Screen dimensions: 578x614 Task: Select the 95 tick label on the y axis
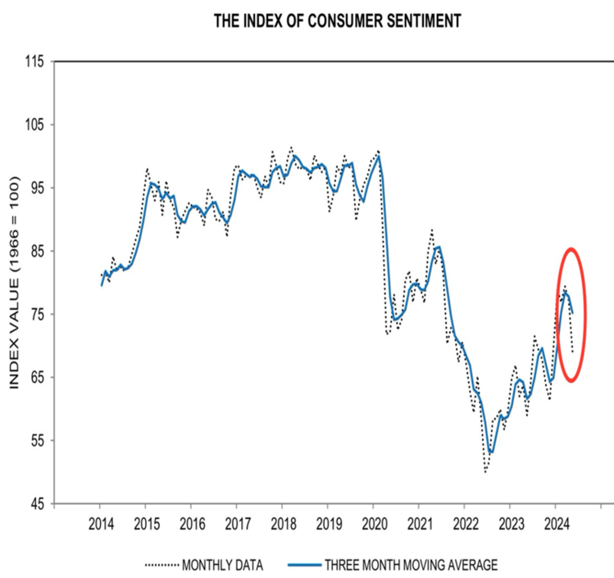pyautogui.click(x=31, y=188)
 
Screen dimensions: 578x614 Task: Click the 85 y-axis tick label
pyautogui.click(x=31, y=251)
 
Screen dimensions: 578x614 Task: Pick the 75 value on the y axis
pyautogui.click(x=31, y=314)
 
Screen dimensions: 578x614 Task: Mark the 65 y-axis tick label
pyautogui.click(x=31, y=377)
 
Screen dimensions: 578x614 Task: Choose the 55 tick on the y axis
pyautogui.click(x=31, y=440)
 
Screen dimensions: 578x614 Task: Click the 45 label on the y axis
pyautogui.click(x=31, y=503)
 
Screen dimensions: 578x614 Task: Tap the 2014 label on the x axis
pyautogui.click(x=100, y=523)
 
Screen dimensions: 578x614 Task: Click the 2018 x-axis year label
pyautogui.click(x=283, y=523)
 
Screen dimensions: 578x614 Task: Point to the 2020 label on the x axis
pyautogui.click(x=374, y=523)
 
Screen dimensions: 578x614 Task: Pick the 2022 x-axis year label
pyautogui.click(x=465, y=523)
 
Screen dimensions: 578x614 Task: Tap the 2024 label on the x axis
pyautogui.click(x=556, y=523)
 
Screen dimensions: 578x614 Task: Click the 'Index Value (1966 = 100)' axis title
pyautogui.click(x=15, y=283)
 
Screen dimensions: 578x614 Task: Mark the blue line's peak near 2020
pyautogui.click(x=377, y=157)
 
